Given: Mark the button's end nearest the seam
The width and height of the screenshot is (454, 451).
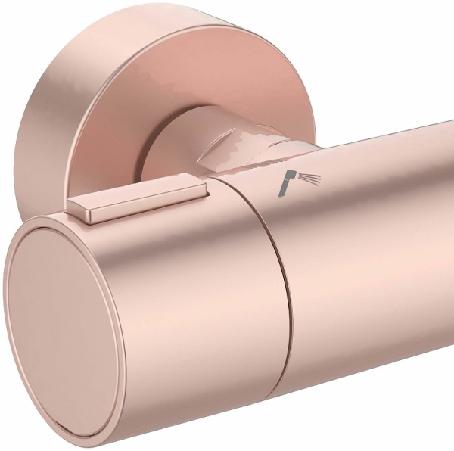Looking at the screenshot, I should pos(198,189).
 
